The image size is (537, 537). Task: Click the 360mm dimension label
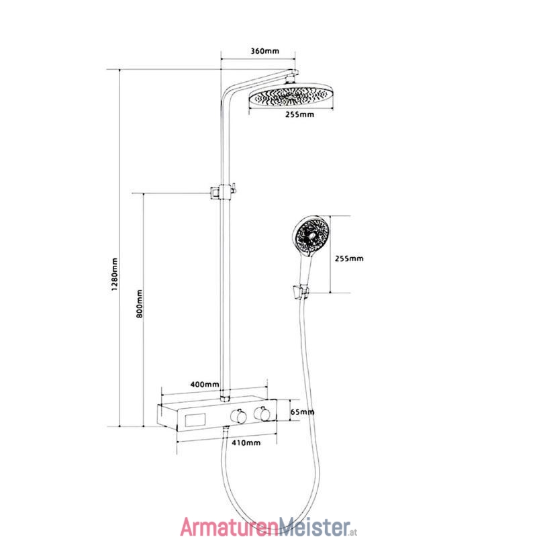coord(264,51)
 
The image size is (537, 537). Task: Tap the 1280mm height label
coord(114,275)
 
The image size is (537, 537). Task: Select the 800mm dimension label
coord(139,303)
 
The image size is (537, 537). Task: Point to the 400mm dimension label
coord(205,384)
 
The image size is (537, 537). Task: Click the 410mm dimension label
coord(246,443)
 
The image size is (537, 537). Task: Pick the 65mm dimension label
coord(302,411)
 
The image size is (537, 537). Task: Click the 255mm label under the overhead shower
coord(299,114)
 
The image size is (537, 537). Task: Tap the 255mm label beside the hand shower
coord(349,258)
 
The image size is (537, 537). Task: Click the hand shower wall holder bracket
coord(300,292)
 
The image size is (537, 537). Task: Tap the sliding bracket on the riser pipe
coord(223,192)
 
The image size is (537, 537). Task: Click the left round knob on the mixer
coord(238,416)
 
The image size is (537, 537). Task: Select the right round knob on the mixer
coord(262,413)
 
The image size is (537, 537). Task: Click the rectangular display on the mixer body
coord(195,420)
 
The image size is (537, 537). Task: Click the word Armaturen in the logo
coord(230,526)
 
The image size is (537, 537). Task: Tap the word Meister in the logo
coord(315,526)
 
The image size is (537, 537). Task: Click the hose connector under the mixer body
coord(226,430)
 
